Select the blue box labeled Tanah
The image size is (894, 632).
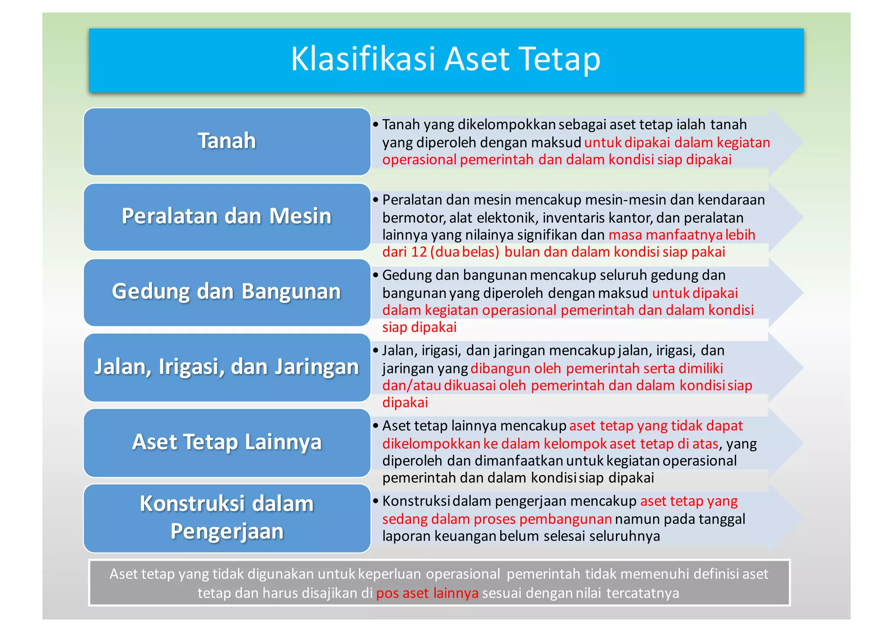click(x=227, y=141)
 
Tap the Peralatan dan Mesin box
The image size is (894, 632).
click(x=227, y=217)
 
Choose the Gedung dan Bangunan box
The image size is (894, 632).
click(x=227, y=292)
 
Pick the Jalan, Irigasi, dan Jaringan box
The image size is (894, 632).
click(x=227, y=367)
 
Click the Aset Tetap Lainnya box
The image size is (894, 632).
click(x=227, y=442)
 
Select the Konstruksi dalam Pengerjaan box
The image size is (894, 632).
click(x=227, y=518)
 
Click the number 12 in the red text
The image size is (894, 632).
click(x=419, y=252)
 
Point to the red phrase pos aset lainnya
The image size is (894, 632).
click(x=427, y=593)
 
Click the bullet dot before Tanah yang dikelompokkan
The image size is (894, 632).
click(x=375, y=125)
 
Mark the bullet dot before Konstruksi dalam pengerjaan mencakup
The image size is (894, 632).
click(x=375, y=501)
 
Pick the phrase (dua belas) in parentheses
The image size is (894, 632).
click(x=464, y=252)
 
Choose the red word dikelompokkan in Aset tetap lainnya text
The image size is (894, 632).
click(x=431, y=444)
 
